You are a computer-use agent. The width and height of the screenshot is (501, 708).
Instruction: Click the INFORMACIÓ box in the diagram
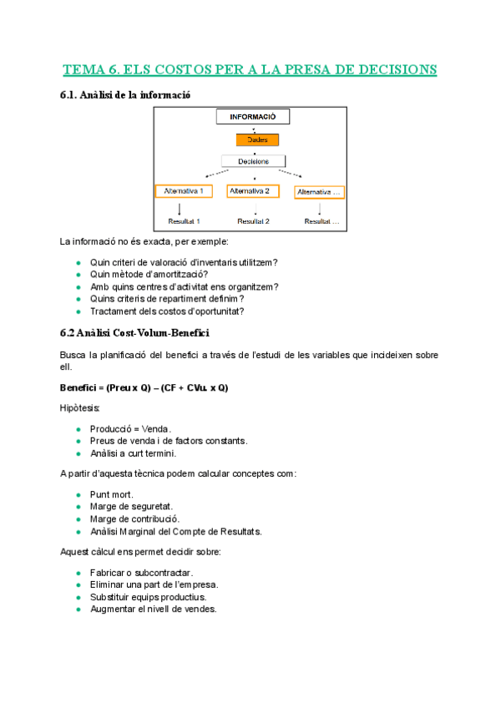pyautogui.click(x=252, y=118)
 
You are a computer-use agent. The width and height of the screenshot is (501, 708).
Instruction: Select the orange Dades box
pyautogui.click(x=252, y=140)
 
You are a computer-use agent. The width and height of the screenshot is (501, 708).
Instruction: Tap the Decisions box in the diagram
pyautogui.click(x=252, y=161)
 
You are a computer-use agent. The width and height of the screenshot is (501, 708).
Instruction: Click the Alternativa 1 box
pyautogui.click(x=184, y=191)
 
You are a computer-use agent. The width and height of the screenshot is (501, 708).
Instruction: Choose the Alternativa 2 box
pyautogui.click(x=254, y=191)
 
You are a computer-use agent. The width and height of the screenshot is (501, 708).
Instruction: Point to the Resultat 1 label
pyautogui.click(x=184, y=222)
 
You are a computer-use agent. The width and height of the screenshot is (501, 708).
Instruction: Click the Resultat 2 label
pyautogui.click(x=253, y=222)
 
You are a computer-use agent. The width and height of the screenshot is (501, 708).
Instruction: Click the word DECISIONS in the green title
pyautogui.click(x=392, y=68)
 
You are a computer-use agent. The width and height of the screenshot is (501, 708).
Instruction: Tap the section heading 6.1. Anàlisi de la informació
pyautogui.click(x=126, y=95)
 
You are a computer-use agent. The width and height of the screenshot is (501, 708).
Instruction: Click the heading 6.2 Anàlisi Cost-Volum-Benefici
pyautogui.click(x=134, y=332)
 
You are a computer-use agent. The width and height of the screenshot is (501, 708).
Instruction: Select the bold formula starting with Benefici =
pyautogui.click(x=144, y=388)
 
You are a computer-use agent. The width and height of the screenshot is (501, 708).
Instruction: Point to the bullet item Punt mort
pyautogui.click(x=111, y=494)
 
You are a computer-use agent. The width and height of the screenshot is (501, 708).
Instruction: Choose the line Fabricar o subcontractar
pyautogui.click(x=141, y=573)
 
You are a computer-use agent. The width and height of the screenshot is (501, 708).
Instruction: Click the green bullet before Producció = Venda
pyautogui.click(x=78, y=429)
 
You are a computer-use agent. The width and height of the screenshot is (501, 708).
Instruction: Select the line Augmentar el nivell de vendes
pyautogui.click(x=153, y=609)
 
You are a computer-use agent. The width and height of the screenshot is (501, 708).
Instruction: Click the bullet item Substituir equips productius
pyautogui.click(x=148, y=597)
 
